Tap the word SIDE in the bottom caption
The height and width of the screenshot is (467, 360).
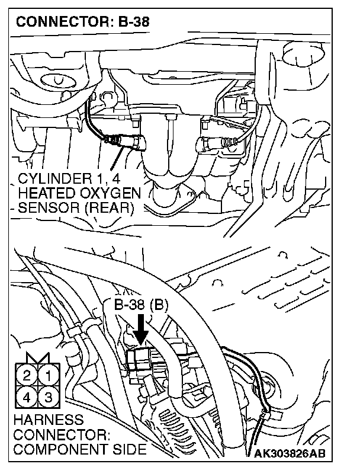pyautogui.click(x=130, y=449)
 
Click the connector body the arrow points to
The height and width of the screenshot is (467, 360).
pyautogui.click(x=140, y=359)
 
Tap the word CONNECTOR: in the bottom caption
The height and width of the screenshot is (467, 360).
pyautogui.click(x=60, y=435)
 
